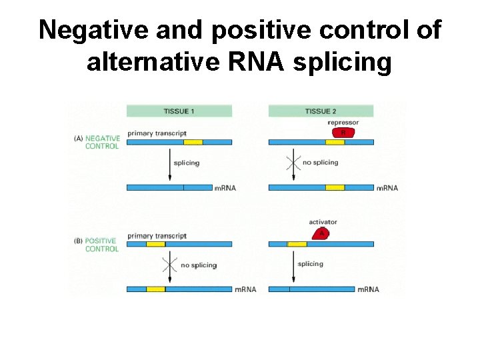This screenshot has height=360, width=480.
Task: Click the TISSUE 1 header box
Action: tap(179, 111)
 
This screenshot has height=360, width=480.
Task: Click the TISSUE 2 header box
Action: tap(321, 111)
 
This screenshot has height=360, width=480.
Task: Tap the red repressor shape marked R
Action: tap(343, 132)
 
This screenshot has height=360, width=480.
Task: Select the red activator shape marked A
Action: tap(322, 233)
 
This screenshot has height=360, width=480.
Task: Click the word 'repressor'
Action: tap(343, 123)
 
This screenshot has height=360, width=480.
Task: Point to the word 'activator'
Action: tap(323, 222)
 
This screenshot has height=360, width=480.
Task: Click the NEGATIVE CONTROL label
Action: tap(102, 142)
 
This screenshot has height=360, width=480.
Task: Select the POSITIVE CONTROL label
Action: tap(101, 245)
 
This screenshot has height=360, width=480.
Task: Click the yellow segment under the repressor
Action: tap(335, 142)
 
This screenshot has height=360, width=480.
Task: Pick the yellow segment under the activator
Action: tap(297, 244)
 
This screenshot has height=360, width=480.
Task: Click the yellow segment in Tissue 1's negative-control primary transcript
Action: tap(193, 142)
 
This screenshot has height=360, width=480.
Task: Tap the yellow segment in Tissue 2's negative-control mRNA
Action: tap(335, 188)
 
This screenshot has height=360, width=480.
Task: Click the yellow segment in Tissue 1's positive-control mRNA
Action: tap(155, 289)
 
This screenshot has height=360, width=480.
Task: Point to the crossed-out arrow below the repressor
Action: tap(289, 162)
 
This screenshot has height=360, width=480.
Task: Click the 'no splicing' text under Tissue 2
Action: tap(320, 163)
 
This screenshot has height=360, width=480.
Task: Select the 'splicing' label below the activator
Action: tap(310, 264)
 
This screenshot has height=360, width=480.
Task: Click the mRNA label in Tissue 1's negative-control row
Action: tap(225, 188)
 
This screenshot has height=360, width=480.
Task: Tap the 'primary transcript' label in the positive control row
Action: tap(157, 236)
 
